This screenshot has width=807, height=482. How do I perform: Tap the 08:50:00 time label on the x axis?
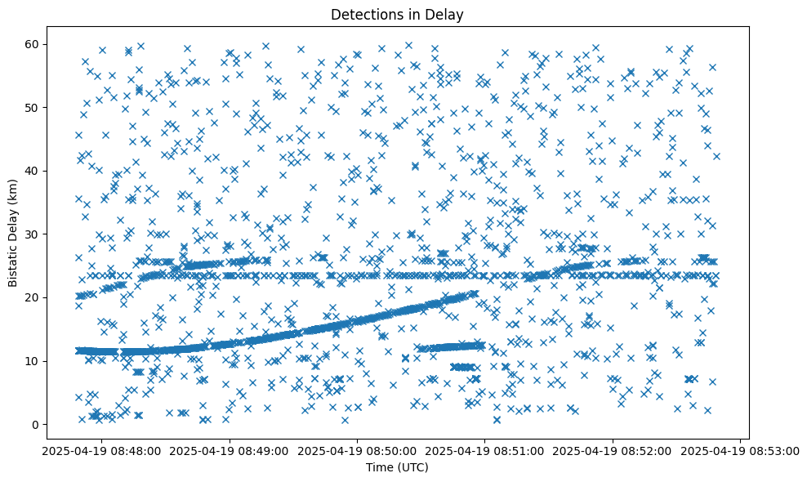click(x=357, y=450)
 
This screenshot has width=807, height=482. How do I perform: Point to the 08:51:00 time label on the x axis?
click(x=485, y=450)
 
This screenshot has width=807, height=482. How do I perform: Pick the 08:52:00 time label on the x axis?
click(x=613, y=450)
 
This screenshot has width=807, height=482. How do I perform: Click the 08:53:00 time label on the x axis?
click(x=741, y=450)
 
